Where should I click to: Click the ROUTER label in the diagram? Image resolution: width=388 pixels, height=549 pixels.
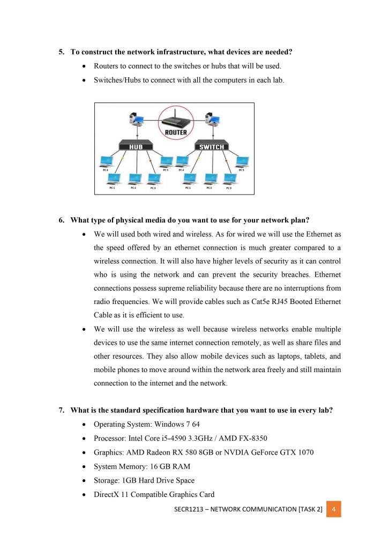176,132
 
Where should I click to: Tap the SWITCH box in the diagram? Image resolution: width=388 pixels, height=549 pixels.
212,146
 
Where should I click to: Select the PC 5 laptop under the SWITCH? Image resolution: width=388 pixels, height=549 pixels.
242,161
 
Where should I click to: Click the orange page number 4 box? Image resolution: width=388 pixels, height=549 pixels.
333,509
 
